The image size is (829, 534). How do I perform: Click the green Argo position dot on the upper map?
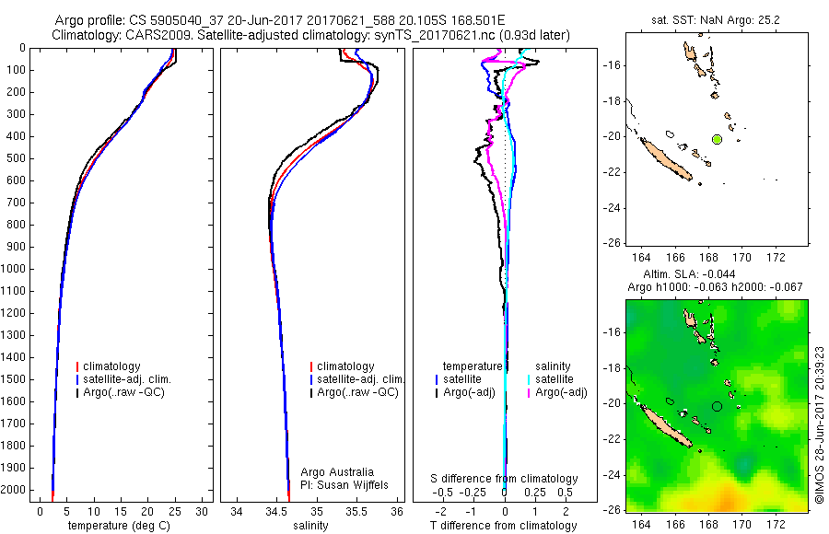coord(717,139)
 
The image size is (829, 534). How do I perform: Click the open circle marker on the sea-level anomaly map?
coord(717,406)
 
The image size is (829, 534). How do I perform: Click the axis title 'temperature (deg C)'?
coord(119,526)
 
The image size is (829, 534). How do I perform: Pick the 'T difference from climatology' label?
coord(504,526)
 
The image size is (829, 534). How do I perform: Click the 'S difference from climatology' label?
coord(505,479)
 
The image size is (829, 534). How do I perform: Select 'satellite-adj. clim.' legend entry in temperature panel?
coord(127,379)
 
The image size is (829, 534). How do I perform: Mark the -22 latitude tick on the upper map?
coord(611,172)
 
